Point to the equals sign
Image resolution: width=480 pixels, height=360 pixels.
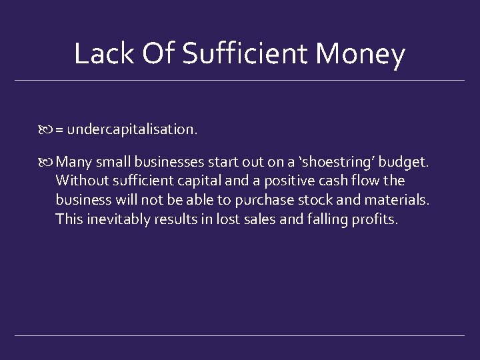[59, 129]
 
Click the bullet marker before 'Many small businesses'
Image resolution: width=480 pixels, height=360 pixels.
[47, 161]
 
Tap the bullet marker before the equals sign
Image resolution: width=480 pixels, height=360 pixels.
[47, 129]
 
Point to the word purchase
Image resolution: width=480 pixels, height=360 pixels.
[263, 200]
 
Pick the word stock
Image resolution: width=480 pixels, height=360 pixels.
[312, 199]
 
